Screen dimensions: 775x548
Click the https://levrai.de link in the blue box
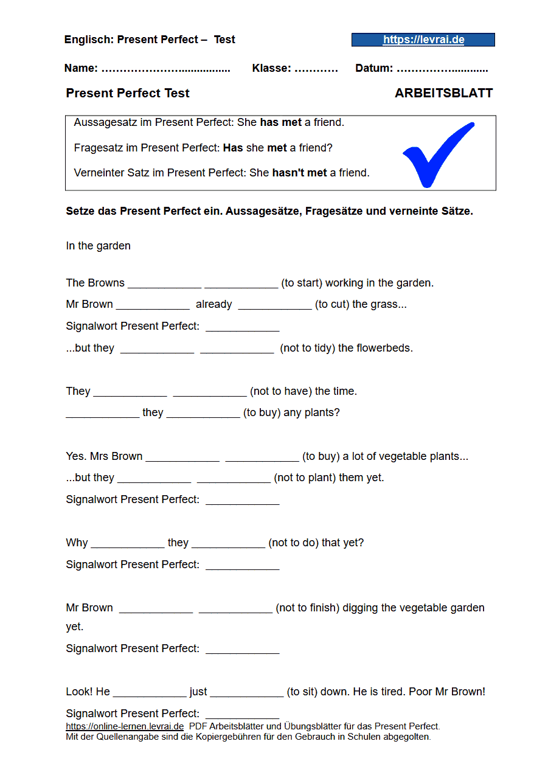point(423,40)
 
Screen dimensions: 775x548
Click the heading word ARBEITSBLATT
point(443,93)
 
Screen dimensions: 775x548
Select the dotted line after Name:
point(165,69)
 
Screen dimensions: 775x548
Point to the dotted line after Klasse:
point(316,69)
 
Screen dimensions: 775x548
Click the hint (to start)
point(301,283)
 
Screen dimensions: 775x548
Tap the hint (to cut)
point(333,304)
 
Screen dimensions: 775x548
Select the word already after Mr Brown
point(213,304)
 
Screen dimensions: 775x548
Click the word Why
point(77,543)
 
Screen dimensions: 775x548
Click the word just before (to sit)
point(198,692)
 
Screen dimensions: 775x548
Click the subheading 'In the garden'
point(98,246)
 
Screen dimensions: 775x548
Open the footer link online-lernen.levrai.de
point(125,726)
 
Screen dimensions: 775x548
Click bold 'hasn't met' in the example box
point(299,173)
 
